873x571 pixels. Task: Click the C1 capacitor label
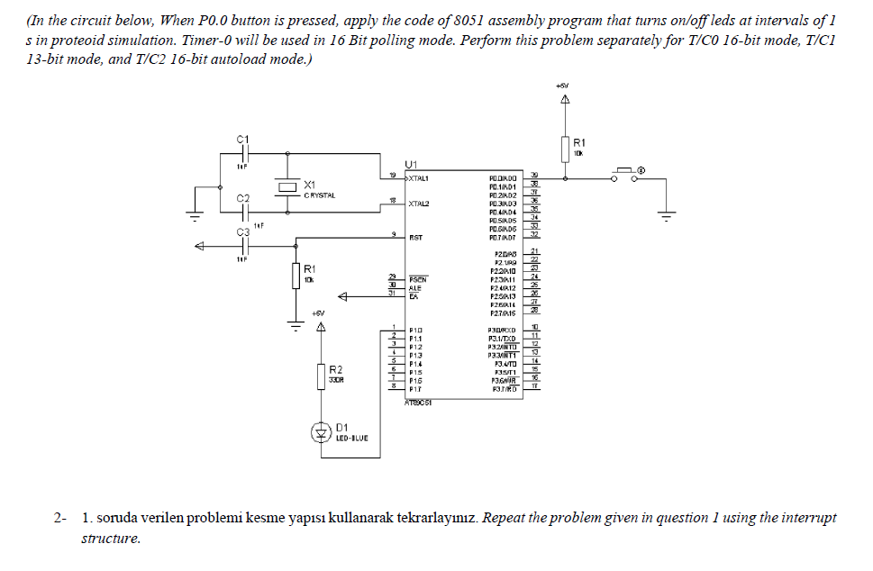tap(241, 140)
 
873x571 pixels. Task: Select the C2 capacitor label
tap(241, 197)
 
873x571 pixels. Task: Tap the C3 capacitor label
tap(241, 232)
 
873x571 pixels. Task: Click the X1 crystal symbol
tap(287, 186)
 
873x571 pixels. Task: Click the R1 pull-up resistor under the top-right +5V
tap(566, 148)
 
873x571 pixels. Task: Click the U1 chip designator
tap(412, 164)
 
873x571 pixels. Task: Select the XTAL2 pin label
tap(419, 204)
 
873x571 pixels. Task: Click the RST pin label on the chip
tap(415, 239)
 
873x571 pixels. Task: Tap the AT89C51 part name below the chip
tap(419, 403)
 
